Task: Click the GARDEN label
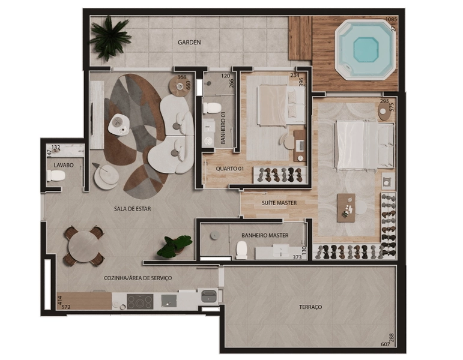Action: point(189,42)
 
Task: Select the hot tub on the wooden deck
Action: point(365,49)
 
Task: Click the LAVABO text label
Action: point(64,165)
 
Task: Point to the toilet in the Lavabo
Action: point(56,176)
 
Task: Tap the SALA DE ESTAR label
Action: point(132,209)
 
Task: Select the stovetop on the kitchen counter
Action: point(140,302)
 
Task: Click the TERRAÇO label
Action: point(310,307)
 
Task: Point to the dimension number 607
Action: point(385,344)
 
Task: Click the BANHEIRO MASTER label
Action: point(265,235)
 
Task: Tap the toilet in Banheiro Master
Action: point(241,250)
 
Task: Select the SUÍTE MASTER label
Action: point(279,203)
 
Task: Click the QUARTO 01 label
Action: point(230,169)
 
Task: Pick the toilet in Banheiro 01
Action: point(212,108)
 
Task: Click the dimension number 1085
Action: point(392,19)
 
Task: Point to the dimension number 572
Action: point(66,307)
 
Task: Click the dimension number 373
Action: point(297,257)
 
